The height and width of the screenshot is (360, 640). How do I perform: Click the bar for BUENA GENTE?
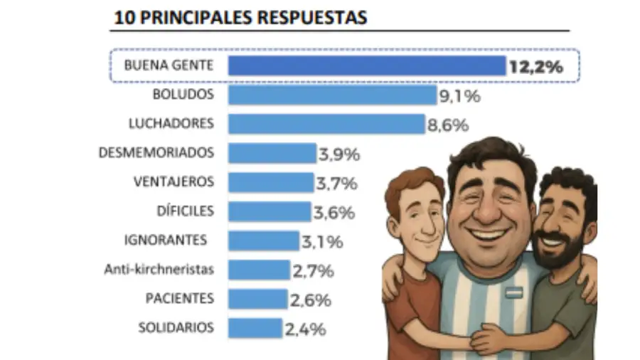tap(366, 66)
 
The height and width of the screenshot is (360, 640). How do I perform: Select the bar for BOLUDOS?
tap(332, 95)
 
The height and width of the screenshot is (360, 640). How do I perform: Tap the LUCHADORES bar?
tap(326, 124)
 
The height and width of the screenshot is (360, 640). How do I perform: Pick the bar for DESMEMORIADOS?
tap(272, 153)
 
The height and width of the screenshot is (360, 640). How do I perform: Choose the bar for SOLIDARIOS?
tap(255, 328)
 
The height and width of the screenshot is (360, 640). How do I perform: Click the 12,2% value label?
tap(535, 68)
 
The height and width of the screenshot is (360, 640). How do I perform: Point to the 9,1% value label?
tap(459, 96)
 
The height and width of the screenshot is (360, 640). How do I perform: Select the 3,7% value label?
tap(336, 184)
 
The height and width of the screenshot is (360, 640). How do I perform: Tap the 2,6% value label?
tap(310, 300)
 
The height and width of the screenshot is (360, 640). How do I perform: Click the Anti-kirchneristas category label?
tap(159, 270)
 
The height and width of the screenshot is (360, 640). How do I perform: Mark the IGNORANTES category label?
tap(165, 240)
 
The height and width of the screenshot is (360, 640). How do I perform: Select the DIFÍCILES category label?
tap(184, 211)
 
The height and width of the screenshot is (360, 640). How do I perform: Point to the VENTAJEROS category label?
tap(173, 182)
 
